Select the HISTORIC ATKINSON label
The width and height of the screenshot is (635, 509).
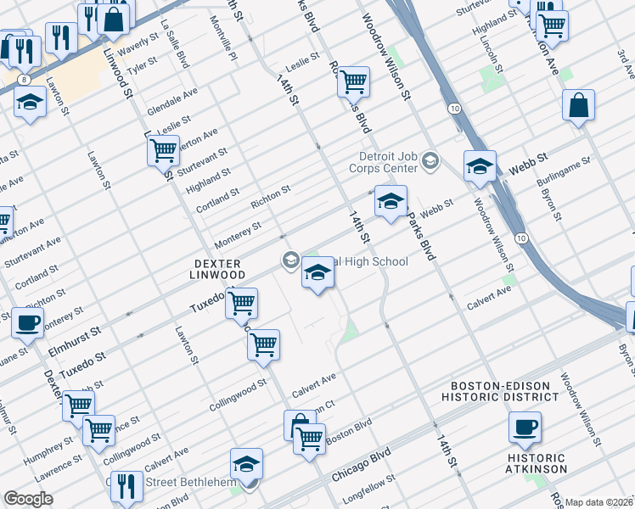pyautogui.click(x=536, y=463)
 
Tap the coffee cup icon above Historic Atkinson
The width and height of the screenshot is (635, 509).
pyautogui.click(x=525, y=426)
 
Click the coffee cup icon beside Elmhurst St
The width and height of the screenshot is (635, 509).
pyautogui.click(x=27, y=322)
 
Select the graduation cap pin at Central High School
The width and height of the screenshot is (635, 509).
pyautogui.click(x=317, y=272)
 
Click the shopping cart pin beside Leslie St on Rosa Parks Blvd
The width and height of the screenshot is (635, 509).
pyautogui.click(x=352, y=82)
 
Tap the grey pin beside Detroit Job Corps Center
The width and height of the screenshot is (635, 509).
pyautogui.click(x=431, y=160)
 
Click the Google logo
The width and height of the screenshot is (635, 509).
pyautogui.click(x=28, y=499)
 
